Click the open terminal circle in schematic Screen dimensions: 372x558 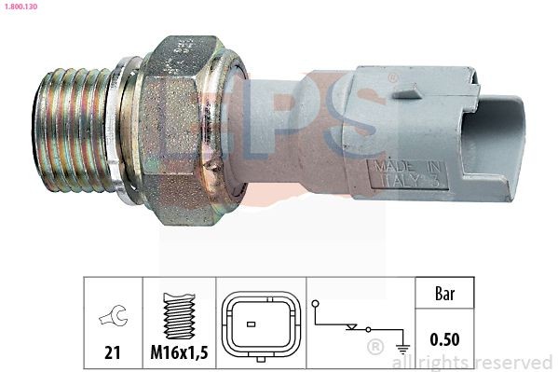(317, 304)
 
